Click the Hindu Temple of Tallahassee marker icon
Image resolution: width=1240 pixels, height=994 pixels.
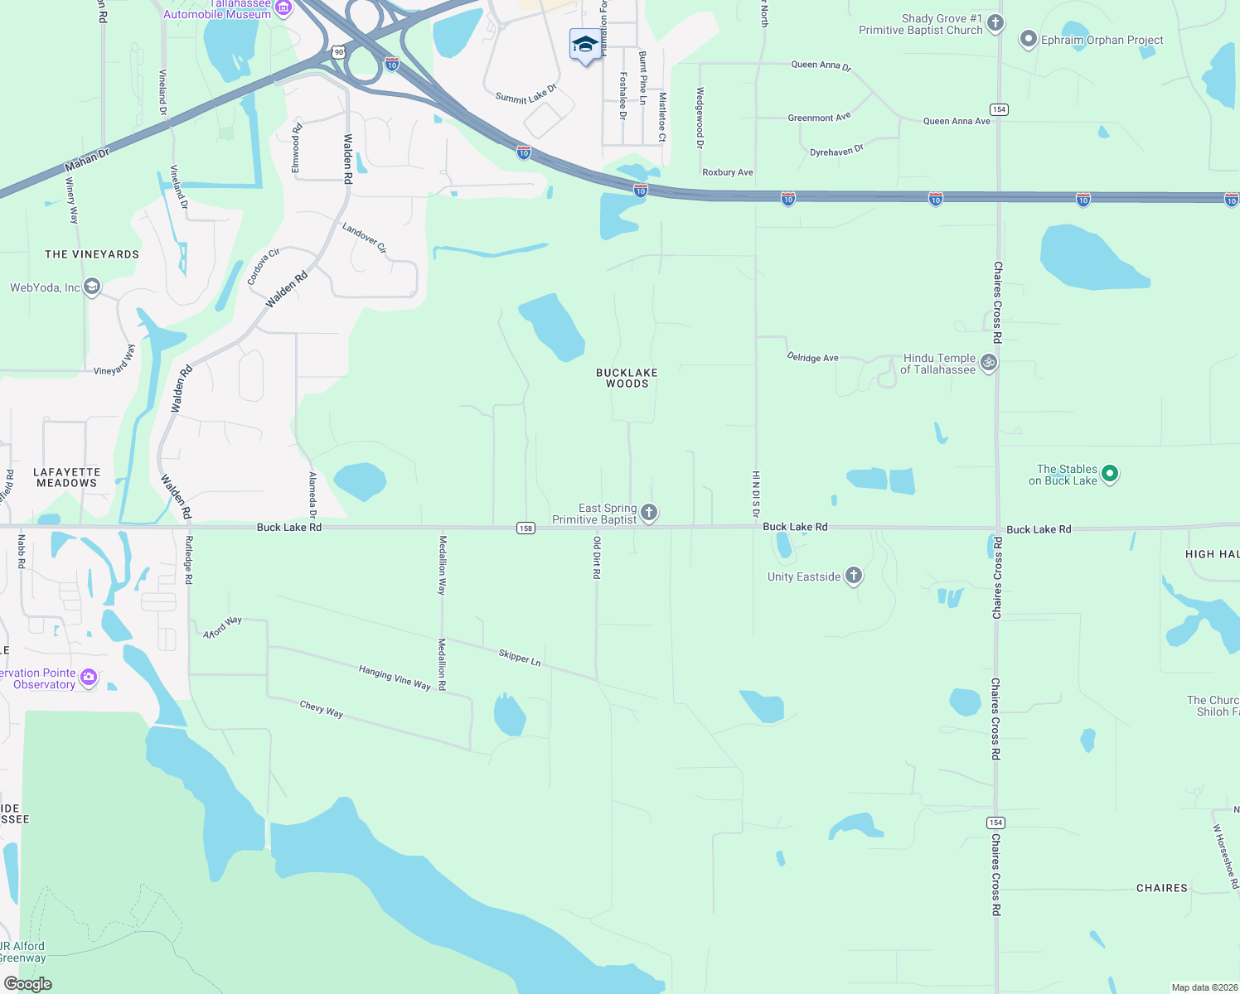pos(988,363)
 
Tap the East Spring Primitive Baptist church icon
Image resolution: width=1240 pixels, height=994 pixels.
pos(649,513)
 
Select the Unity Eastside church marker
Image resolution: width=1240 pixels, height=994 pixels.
pos(854,576)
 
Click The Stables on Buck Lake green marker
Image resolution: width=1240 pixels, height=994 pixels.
pos(1110,474)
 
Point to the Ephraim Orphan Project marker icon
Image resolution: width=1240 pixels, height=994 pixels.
pos(1028,39)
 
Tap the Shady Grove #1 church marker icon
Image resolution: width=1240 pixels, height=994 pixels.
pos(995,23)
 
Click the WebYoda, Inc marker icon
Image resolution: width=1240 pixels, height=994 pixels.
pos(92,287)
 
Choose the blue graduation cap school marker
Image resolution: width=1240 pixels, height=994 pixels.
pos(585,45)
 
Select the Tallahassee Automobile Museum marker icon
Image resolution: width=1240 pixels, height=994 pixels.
pos(283,7)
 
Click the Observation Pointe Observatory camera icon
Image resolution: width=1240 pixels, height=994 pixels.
pos(89,678)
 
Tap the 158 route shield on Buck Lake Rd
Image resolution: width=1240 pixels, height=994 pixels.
pos(526,528)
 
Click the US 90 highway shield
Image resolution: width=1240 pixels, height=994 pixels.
pos(338,52)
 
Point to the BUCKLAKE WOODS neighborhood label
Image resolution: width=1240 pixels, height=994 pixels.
pos(627,378)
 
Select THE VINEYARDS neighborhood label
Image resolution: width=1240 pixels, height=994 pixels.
pos(92,254)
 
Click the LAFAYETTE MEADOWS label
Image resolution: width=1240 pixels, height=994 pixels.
pos(66,477)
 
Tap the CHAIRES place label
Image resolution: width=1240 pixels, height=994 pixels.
pos(1161,888)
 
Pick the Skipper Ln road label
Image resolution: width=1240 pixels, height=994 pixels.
pos(520,657)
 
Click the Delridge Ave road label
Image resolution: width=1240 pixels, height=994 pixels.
pos(812,357)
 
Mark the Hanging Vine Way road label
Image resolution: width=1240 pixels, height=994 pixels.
pos(395,677)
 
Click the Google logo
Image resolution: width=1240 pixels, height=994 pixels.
pos(28,983)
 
